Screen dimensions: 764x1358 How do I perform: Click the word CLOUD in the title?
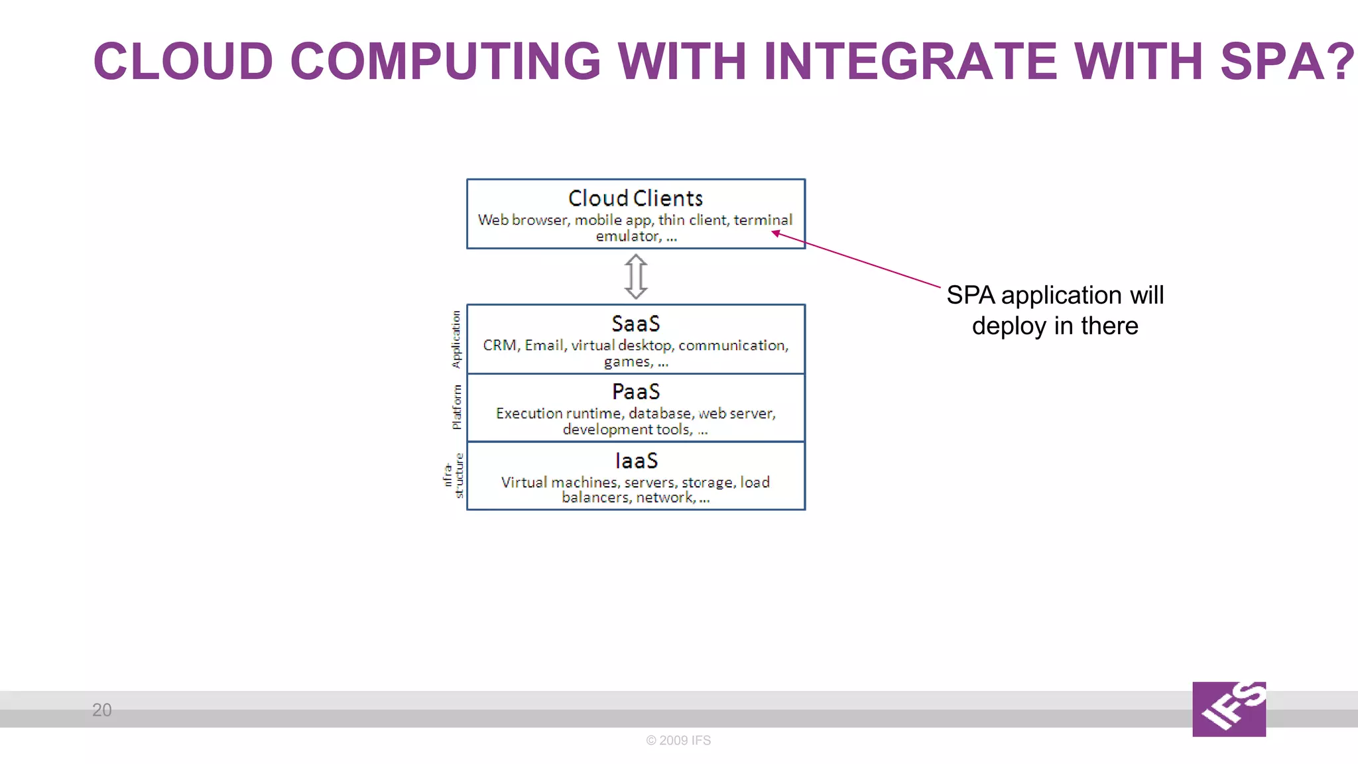(x=183, y=62)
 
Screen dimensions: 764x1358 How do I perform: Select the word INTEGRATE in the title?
(x=910, y=62)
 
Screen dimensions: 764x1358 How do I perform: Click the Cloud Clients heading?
(x=635, y=198)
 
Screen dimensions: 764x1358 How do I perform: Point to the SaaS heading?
(x=635, y=324)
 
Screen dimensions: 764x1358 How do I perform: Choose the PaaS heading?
(x=635, y=392)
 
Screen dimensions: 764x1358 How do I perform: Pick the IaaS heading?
(x=635, y=460)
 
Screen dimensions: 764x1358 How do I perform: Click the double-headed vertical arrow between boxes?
(x=635, y=277)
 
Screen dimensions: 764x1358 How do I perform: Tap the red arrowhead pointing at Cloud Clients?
(x=776, y=233)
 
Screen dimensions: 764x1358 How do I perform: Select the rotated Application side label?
(x=456, y=339)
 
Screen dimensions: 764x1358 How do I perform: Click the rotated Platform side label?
(x=456, y=407)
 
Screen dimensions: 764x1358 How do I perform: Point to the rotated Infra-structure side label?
(x=453, y=476)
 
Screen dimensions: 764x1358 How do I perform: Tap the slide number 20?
(x=101, y=710)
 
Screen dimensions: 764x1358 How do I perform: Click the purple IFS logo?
(x=1229, y=709)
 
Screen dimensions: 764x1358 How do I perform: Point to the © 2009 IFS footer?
(x=678, y=740)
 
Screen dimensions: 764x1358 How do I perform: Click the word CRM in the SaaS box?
(x=499, y=346)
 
